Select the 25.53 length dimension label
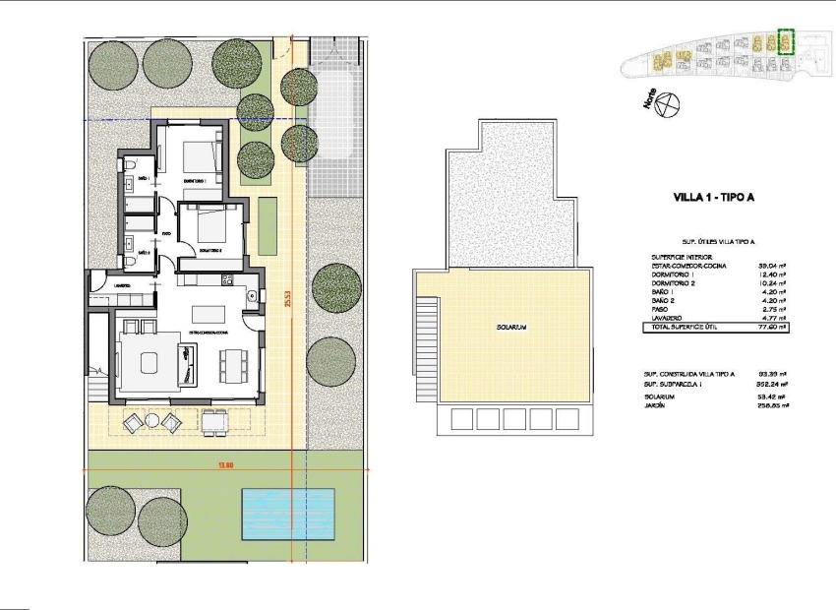point(288,297)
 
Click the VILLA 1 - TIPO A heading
point(713,198)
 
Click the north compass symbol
point(666,100)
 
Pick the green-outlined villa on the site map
point(785,41)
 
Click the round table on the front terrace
point(152,421)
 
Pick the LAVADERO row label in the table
point(666,318)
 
